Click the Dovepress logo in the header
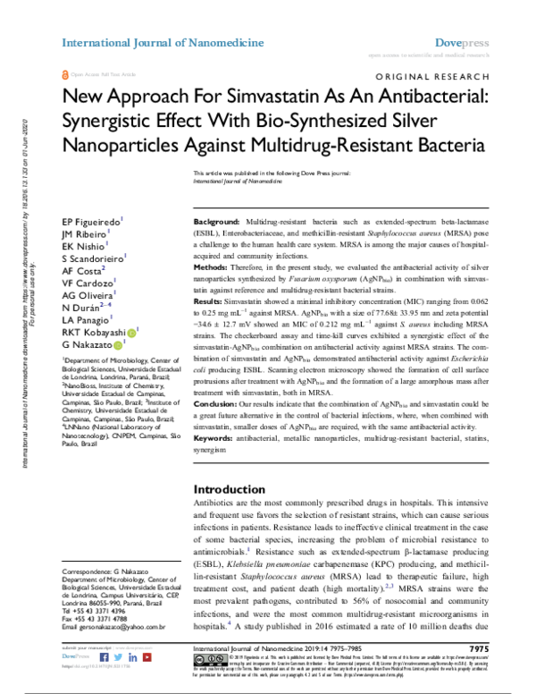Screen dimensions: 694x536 coord(461,42)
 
